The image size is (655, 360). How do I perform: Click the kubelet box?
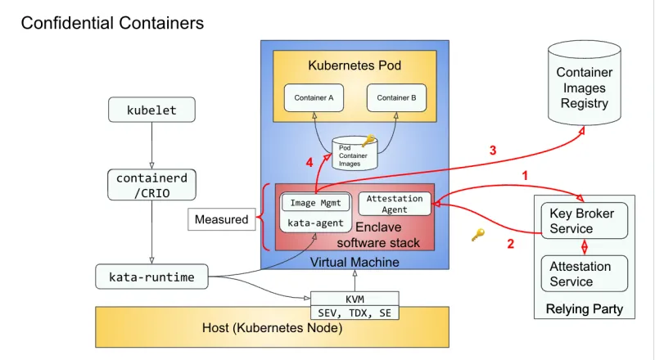[x=151, y=110]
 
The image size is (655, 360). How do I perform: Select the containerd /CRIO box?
[x=151, y=185]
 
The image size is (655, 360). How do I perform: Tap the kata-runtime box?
[x=151, y=277]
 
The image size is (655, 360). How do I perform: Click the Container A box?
[x=314, y=98]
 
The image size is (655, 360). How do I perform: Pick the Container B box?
[x=396, y=98]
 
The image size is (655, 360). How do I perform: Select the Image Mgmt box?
[x=315, y=203]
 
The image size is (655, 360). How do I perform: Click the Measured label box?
[x=221, y=219]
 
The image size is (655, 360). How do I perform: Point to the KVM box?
[x=354, y=299]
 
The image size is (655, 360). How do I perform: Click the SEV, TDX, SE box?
[x=354, y=313]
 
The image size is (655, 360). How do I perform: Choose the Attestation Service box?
[x=584, y=274]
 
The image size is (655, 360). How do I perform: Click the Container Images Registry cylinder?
[x=584, y=88]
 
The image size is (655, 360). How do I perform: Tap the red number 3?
[x=493, y=151]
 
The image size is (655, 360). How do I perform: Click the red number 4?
[x=309, y=163]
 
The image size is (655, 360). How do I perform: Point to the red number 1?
[x=525, y=175]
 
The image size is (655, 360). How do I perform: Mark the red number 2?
[x=511, y=243]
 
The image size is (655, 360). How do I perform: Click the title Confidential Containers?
[x=112, y=23]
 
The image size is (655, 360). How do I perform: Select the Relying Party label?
[x=584, y=308]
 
